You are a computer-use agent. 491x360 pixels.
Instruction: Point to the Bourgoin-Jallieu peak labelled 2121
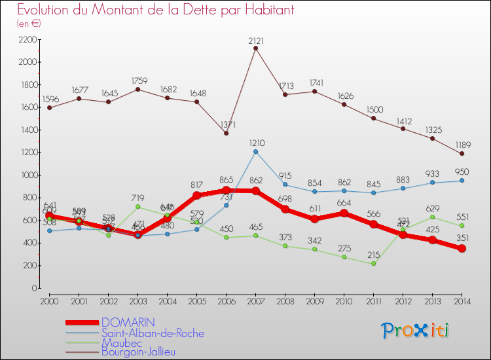click(x=255, y=48)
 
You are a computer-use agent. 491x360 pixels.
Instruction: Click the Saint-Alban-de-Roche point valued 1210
click(x=255, y=152)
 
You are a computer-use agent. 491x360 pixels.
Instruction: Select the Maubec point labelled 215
click(x=373, y=264)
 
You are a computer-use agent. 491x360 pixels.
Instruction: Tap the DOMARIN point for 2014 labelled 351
click(x=462, y=249)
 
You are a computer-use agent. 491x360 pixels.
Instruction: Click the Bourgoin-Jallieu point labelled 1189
click(x=462, y=154)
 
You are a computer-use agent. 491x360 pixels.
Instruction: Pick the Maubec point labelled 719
click(x=137, y=207)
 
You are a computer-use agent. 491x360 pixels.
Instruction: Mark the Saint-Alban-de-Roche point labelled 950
click(x=462, y=181)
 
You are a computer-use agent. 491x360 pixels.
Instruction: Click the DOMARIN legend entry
click(x=128, y=323)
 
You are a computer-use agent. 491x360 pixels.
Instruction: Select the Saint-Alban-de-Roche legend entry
click(x=148, y=333)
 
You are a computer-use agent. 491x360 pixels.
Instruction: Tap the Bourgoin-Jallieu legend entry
click(x=138, y=351)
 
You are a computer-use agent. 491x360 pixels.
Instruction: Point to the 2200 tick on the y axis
click(x=27, y=40)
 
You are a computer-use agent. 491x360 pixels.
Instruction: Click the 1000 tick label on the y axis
click(x=27, y=175)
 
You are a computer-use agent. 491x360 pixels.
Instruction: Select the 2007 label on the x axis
click(x=255, y=300)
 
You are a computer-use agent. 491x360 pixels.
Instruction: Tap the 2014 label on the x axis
click(x=462, y=300)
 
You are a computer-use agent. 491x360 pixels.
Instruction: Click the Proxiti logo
click(x=416, y=331)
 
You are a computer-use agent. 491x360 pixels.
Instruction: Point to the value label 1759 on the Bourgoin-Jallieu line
click(x=137, y=80)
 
